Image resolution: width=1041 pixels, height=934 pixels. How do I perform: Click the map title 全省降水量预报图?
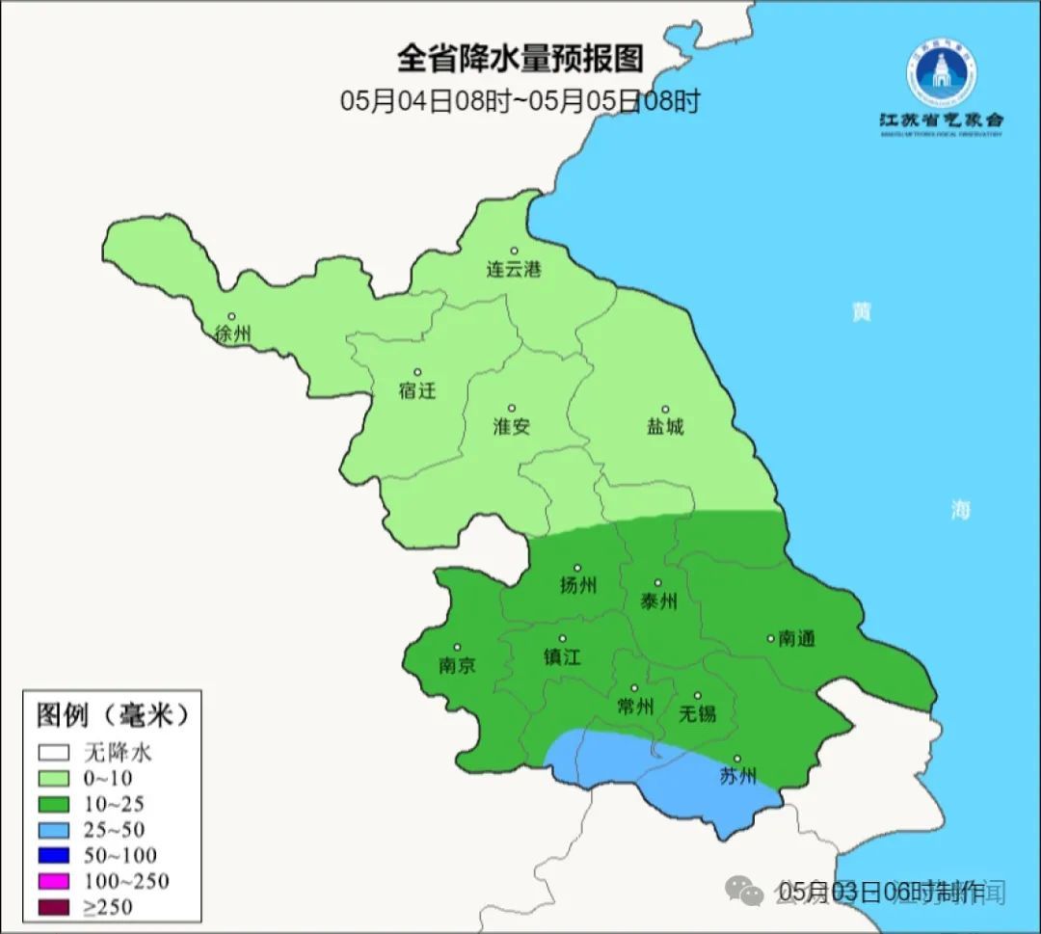[x=520, y=59]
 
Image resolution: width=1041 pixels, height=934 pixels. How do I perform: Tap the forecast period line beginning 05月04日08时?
[x=520, y=101]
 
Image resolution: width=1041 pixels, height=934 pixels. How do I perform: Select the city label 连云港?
[x=513, y=270]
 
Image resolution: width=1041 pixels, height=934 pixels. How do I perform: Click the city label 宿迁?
[x=416, y=390]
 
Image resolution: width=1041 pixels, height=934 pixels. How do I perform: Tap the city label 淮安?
[x=511, y=426]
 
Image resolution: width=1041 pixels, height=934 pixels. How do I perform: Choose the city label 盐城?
[x=664, y=426]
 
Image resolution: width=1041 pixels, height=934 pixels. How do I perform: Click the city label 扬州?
[x=577, y=585]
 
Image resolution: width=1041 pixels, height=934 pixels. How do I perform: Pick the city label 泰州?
[x=658, y=601]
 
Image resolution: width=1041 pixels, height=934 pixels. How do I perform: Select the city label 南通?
[x=796, y=638]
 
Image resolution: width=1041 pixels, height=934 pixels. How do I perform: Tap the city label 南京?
[x=456, y=665]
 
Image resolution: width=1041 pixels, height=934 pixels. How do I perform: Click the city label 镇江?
[x=562, y=656]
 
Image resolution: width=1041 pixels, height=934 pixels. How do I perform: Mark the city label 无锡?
[x=697, y=713]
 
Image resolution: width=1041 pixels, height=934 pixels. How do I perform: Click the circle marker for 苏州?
[x=737, y=760]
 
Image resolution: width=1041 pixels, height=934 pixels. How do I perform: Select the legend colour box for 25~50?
[x=54, y=829]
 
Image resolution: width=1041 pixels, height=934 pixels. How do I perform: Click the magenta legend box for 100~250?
[x=54, y=880]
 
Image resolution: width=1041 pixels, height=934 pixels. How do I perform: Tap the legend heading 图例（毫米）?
[x=111, y=715]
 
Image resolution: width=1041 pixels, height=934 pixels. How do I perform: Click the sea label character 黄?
[x=861, y=312]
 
